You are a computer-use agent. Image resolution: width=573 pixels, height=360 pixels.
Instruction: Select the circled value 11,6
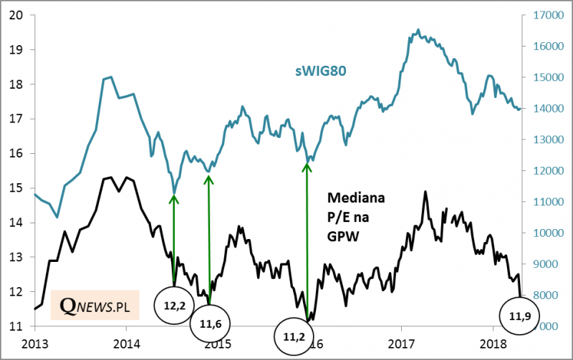pyautogui.click(x=211, y=326)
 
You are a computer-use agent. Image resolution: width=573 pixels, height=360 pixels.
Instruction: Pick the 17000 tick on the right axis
pyautogui.click(x=546, y=15)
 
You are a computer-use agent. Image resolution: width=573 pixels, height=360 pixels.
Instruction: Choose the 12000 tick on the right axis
pyautogui.click(x=546, y=171)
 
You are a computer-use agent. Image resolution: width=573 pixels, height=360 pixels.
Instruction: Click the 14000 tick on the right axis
pyautogui.click(x=546, y=109)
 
